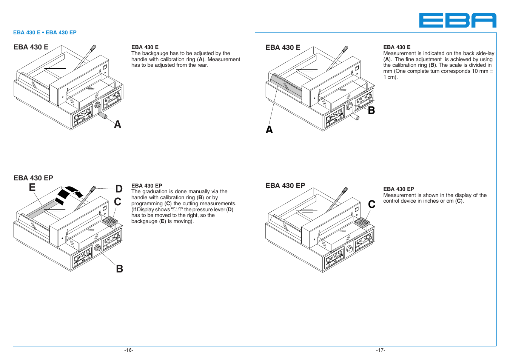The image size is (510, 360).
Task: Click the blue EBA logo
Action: [x=458, y=20]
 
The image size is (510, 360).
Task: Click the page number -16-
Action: [x=129, y=350]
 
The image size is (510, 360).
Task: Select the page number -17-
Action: [x=381, y=350]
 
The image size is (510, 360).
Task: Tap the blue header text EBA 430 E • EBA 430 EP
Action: [x=45, y=32]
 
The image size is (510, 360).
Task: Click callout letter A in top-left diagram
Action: [x=118, y=125]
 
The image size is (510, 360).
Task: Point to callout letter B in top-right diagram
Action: [x=371, y=111]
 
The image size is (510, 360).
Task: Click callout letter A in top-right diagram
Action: [x=269, y=130]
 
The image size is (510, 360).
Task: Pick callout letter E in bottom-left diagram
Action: [x=32, y=188]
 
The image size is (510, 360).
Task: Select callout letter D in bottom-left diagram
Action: [x=119, y=189]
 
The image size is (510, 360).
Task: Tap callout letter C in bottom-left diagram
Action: [x=118, y=202]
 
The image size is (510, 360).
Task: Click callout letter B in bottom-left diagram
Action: [x=120, y=269]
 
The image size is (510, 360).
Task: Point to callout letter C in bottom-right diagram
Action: [x=372, y=205]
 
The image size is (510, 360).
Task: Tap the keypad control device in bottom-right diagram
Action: [x=362, y=223]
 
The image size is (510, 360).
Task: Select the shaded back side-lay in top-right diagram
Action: [x=286, y=86]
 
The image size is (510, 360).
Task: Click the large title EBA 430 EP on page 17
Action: [x=285, y=186]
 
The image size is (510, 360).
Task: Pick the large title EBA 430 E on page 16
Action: [x=31, y=47]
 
